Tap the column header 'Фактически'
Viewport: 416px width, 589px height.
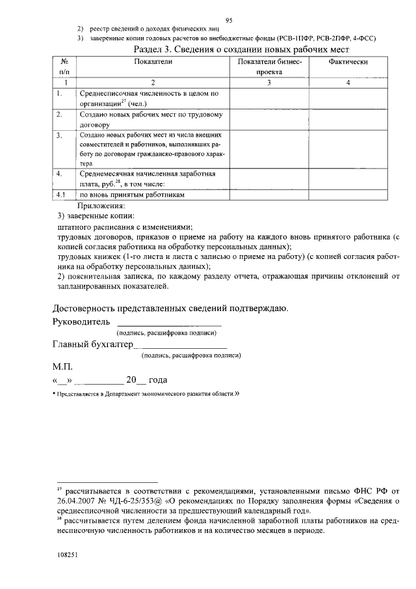[348, 61]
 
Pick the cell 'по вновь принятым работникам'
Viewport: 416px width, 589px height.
[133, 195]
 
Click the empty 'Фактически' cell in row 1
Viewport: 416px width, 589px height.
[348, 98]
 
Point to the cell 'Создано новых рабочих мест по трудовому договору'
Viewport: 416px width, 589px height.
[151, 119]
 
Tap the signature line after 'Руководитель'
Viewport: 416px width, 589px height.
[168, 323]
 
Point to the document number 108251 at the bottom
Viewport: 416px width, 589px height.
[68, 556]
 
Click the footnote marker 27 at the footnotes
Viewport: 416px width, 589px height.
[58, 487]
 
